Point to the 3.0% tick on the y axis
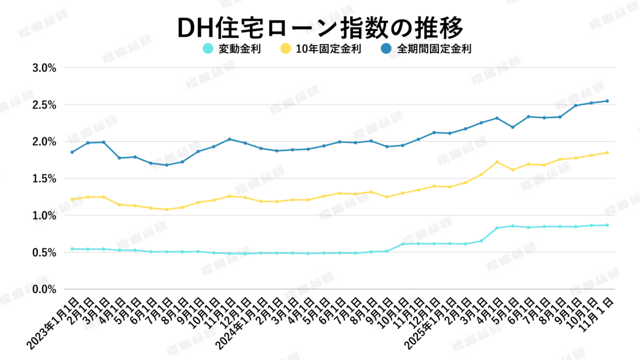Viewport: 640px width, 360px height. coord(44,68)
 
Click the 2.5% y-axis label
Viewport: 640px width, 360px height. coord(44,105)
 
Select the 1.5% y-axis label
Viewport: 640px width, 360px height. coord(44,179)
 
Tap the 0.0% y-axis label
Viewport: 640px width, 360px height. coord(44,289)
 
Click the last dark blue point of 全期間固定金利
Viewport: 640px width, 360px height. coord(607,101)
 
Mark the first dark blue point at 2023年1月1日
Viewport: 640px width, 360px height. coord(72,152)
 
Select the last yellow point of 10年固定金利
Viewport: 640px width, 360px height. coord(607,153)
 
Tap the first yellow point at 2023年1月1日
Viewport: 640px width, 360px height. coord(72,199)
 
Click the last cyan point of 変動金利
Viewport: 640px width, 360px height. coord(607,225)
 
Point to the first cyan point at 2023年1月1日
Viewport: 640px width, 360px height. coord(72,249)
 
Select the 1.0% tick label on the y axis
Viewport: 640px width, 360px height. coord(44,215)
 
